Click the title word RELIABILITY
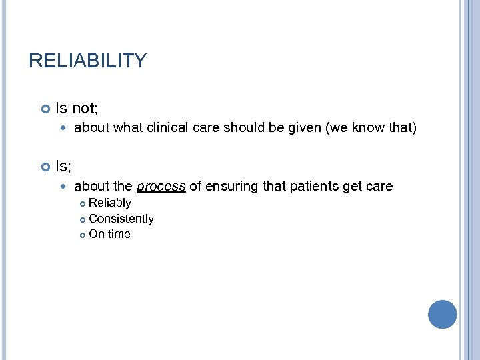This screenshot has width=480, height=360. [x=87, y=61]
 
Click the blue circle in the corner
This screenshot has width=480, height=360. [x=442, y=314]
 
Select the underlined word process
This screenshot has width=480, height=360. [x=161, y=187]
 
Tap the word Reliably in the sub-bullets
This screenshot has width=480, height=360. [x=110, y=203]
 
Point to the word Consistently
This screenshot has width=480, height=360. [x=121, y=219]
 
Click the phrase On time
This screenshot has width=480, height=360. [x=109, y=234]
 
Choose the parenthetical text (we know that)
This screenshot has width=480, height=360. [x=371, y=127]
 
